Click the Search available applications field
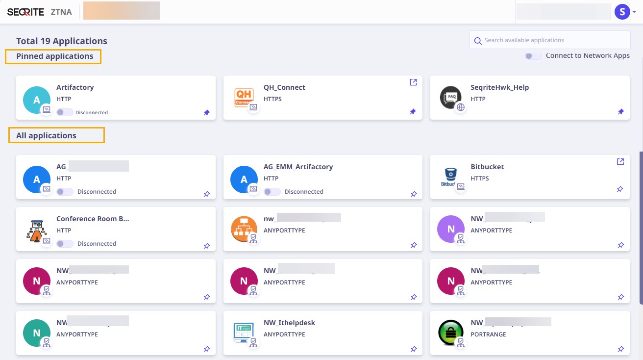[x=554, y=40]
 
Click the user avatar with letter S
[x=621, y=12]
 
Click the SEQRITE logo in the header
[x=25, y=12]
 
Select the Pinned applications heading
[x=54, y=56]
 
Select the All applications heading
[x=46, y=135]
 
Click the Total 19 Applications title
[x=62, y=41]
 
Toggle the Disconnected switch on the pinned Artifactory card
[x=64, y=112]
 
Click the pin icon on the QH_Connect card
[x=413, y=112]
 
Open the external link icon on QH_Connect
[x=413, y=82]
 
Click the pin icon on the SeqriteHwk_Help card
[x=620, y=112]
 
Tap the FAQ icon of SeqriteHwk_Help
[x=450, y=97]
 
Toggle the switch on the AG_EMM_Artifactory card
[x=272, y=192]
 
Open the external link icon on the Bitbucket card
[x=620, y=162]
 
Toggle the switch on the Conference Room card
[x=65, y=244]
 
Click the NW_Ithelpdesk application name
[x=289, y=323]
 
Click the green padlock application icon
[x=450, y=333]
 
